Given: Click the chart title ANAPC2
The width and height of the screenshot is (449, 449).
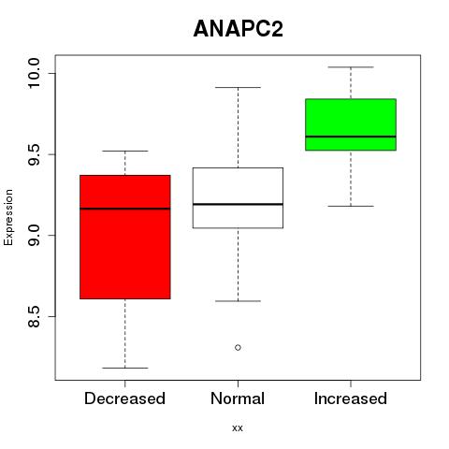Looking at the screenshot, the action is [239, 29].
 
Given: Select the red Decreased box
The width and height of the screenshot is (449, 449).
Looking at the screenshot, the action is [125, 237].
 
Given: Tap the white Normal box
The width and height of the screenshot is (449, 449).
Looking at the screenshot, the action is [238, 198].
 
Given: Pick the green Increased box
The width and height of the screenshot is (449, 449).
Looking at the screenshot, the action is [351, 124].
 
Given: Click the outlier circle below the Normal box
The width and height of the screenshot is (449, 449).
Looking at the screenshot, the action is [238, 347].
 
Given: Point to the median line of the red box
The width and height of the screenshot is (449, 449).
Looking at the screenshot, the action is [125, 209].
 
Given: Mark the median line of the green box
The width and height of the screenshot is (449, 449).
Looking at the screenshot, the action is [351, 137].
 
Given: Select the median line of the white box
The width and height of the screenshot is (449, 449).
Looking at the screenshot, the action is [238, 204].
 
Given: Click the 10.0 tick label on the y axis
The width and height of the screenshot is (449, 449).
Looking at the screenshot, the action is [34, 74].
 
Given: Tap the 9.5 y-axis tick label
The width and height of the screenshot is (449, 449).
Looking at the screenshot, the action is [34, 154].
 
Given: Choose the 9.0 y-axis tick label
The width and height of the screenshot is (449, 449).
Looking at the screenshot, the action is [34, 236].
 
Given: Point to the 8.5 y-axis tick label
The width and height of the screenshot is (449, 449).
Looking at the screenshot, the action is [34, 316].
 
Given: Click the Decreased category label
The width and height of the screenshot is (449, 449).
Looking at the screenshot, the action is [124, 398].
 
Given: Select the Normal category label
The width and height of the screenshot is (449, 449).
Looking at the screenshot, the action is [238, 398].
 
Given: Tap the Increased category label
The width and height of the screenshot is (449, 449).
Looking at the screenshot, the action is [351, 398].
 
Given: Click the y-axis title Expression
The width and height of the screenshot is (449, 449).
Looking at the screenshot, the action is [8, 217].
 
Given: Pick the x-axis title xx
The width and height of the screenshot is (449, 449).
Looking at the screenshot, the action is [238, 428].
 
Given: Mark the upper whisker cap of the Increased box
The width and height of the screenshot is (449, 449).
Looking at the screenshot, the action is [351, 67].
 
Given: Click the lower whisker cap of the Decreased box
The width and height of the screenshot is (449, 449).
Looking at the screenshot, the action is [125, 368].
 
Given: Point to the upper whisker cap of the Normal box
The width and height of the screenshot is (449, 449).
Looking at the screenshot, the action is [238, 87].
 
